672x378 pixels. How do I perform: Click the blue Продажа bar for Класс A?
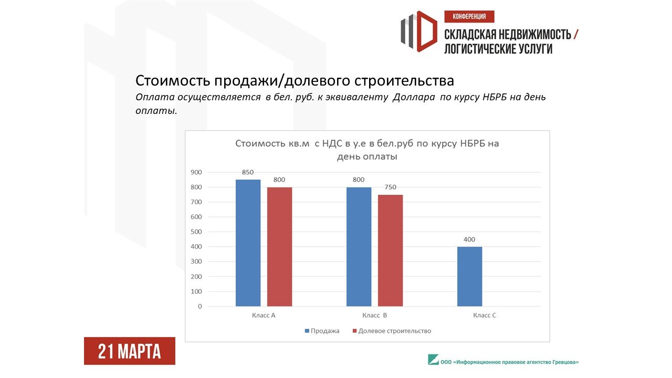[248, 243]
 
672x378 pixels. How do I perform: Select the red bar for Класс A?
[280, 247]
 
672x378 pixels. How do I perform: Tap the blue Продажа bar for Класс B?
[359, 247]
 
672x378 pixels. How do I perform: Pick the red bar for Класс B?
[390, 250]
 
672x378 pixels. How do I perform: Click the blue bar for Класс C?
[470, 276]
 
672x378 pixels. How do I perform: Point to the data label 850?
[248, 172]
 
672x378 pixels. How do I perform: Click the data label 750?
[390, 187]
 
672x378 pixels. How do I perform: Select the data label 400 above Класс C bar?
[469, 239]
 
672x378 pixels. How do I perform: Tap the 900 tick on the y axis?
[196, 172]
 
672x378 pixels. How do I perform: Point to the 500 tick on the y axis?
[196, 232]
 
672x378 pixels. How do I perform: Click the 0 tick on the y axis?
[200, 306]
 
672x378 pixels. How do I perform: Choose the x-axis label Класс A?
[264, 316]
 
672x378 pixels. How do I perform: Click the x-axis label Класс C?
[485, 316]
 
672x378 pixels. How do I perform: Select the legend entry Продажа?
[322, 331]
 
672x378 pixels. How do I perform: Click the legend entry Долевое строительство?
[392, 331]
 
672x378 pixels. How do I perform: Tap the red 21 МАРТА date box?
[130, 351]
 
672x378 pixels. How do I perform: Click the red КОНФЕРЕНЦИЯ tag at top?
[469, 16]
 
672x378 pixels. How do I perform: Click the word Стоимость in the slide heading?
[173, 80]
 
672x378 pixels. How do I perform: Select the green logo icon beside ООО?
[433, 360]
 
